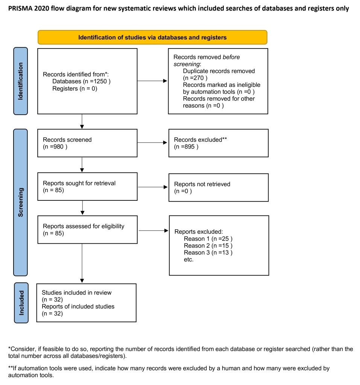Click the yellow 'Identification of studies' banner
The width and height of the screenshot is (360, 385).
point(152,37)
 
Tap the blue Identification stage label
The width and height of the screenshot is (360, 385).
point(20,81)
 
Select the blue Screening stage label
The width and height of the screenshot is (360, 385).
point(20,202)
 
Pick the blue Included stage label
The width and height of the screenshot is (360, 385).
point(21,303)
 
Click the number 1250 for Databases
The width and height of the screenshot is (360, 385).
point(100,81)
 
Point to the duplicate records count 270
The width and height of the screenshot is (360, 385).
point(199,78)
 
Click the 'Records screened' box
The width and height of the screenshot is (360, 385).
point(87,143)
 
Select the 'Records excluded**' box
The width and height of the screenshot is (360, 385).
point(219,143)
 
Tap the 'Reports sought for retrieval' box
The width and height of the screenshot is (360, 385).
point(87,186)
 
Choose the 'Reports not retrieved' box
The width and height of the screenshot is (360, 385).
point(219,188)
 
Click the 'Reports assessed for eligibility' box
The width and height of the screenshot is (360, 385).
point(87,230)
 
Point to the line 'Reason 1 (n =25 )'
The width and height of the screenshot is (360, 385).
point(208,239)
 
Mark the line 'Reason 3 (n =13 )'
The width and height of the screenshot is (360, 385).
point(208,252)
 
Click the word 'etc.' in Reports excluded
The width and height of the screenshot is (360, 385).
point(189,259)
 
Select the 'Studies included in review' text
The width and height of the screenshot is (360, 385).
point(76,293)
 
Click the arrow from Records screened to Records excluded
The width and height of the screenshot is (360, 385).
point(152,142)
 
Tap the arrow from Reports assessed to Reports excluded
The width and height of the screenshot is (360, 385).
point(153,230)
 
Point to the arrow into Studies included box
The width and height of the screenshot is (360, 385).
point(82,263)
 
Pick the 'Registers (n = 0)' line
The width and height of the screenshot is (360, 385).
point(75,88)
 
